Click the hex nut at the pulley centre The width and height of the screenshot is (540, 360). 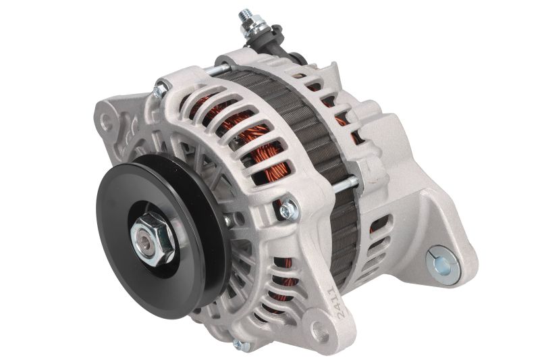point(153,238)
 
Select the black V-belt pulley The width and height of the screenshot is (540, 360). point(161,236)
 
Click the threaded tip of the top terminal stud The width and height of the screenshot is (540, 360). point(245,16)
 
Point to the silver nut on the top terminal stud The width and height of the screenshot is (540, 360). point(255,28)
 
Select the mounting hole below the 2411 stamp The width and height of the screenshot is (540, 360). point(321,332)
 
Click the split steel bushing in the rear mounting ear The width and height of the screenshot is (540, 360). point(443,262)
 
